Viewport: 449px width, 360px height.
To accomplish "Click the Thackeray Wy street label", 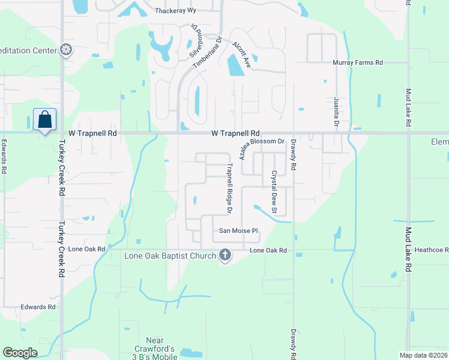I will [176, 11].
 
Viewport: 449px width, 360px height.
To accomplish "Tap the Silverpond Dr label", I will [195, 41].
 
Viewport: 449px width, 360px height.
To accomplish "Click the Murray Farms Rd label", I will [358, 62].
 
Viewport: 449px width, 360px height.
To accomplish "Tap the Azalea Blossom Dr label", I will [261, 147].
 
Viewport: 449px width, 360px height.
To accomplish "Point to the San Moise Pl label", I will [238, 230].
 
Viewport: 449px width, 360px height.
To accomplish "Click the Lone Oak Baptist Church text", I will [169, 256].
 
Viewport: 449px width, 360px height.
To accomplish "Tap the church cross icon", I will [225, 255].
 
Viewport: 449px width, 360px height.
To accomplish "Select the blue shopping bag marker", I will [44, 120].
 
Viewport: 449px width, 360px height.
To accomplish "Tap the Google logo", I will [20, 352].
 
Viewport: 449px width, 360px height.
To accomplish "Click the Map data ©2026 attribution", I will [423, 355].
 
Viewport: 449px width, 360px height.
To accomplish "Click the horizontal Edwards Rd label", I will [38, 307].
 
